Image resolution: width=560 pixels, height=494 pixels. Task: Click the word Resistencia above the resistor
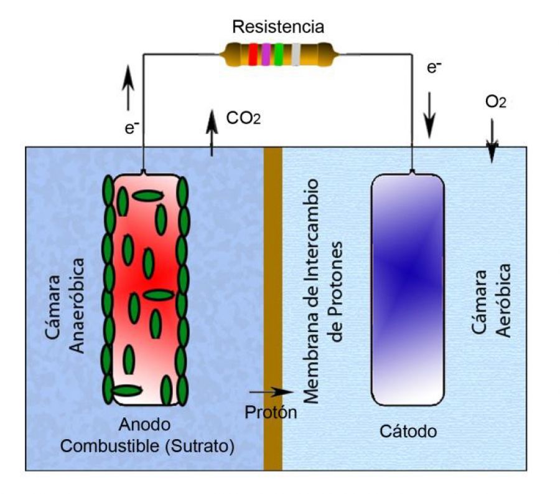[278, 27]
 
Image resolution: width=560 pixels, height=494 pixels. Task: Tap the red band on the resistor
[253, 54]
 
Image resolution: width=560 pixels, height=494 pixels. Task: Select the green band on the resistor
[279, 54]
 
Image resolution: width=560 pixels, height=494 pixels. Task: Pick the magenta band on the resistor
[266, 54]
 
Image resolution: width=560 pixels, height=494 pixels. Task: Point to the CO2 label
[242, 118]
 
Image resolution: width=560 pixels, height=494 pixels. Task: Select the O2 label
[495, 101]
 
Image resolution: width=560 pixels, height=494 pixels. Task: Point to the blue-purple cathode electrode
[408, 290]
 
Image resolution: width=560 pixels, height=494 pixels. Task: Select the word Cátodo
[408, 430]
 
